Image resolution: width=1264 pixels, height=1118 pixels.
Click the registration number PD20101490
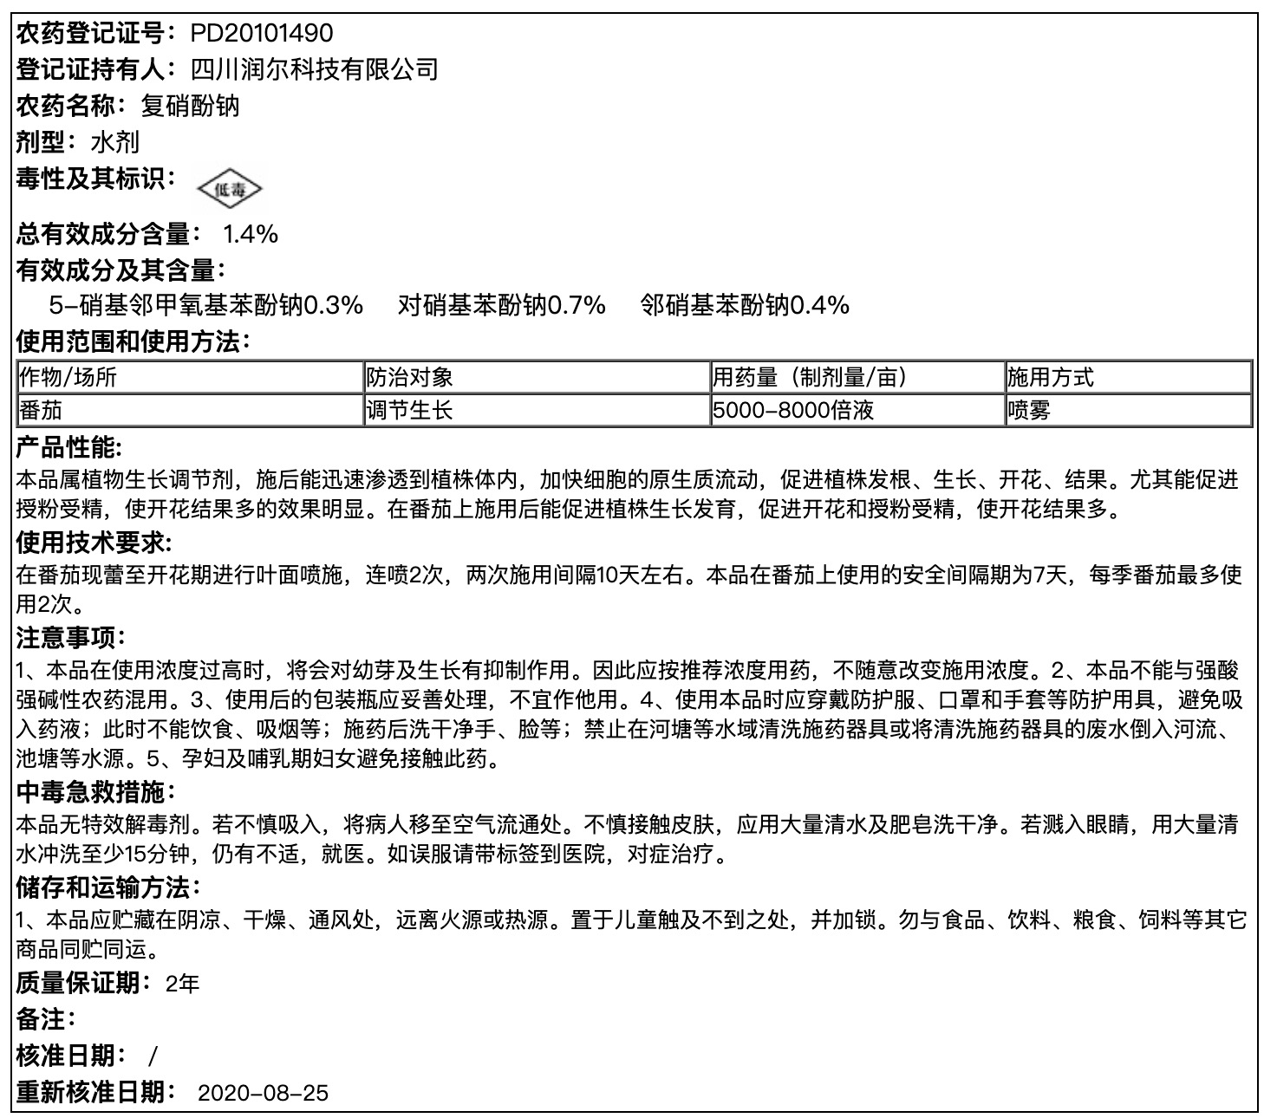click(261, 33)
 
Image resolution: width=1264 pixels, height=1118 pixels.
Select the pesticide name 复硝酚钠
click(190, 106)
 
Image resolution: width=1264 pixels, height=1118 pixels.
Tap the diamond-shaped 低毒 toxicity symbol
click(229, 188)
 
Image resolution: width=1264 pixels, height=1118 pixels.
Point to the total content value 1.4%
click(250, 234)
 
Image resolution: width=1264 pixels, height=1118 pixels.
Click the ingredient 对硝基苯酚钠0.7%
click(501, 305)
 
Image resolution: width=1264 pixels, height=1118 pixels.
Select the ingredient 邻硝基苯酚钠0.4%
click(745, 305)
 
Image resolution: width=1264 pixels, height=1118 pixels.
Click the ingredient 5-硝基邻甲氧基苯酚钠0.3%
click(205, 305)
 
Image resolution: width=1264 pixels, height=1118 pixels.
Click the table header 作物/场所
click(68, 377)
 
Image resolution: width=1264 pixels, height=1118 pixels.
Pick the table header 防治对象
click(409, 377)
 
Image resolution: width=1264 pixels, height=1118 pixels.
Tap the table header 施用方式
click(1050, 377)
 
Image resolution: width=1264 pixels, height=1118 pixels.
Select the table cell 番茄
click(41, 409)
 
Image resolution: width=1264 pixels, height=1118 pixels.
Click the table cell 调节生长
click(409, 409)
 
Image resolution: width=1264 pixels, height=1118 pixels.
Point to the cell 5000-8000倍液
click(792, 409)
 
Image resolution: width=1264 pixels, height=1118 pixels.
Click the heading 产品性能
click(69, 448)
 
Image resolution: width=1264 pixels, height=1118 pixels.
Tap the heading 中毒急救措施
click(94, 791)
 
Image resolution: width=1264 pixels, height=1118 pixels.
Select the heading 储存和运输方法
click(108, 887)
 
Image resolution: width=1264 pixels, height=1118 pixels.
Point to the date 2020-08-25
click(264, 1092)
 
